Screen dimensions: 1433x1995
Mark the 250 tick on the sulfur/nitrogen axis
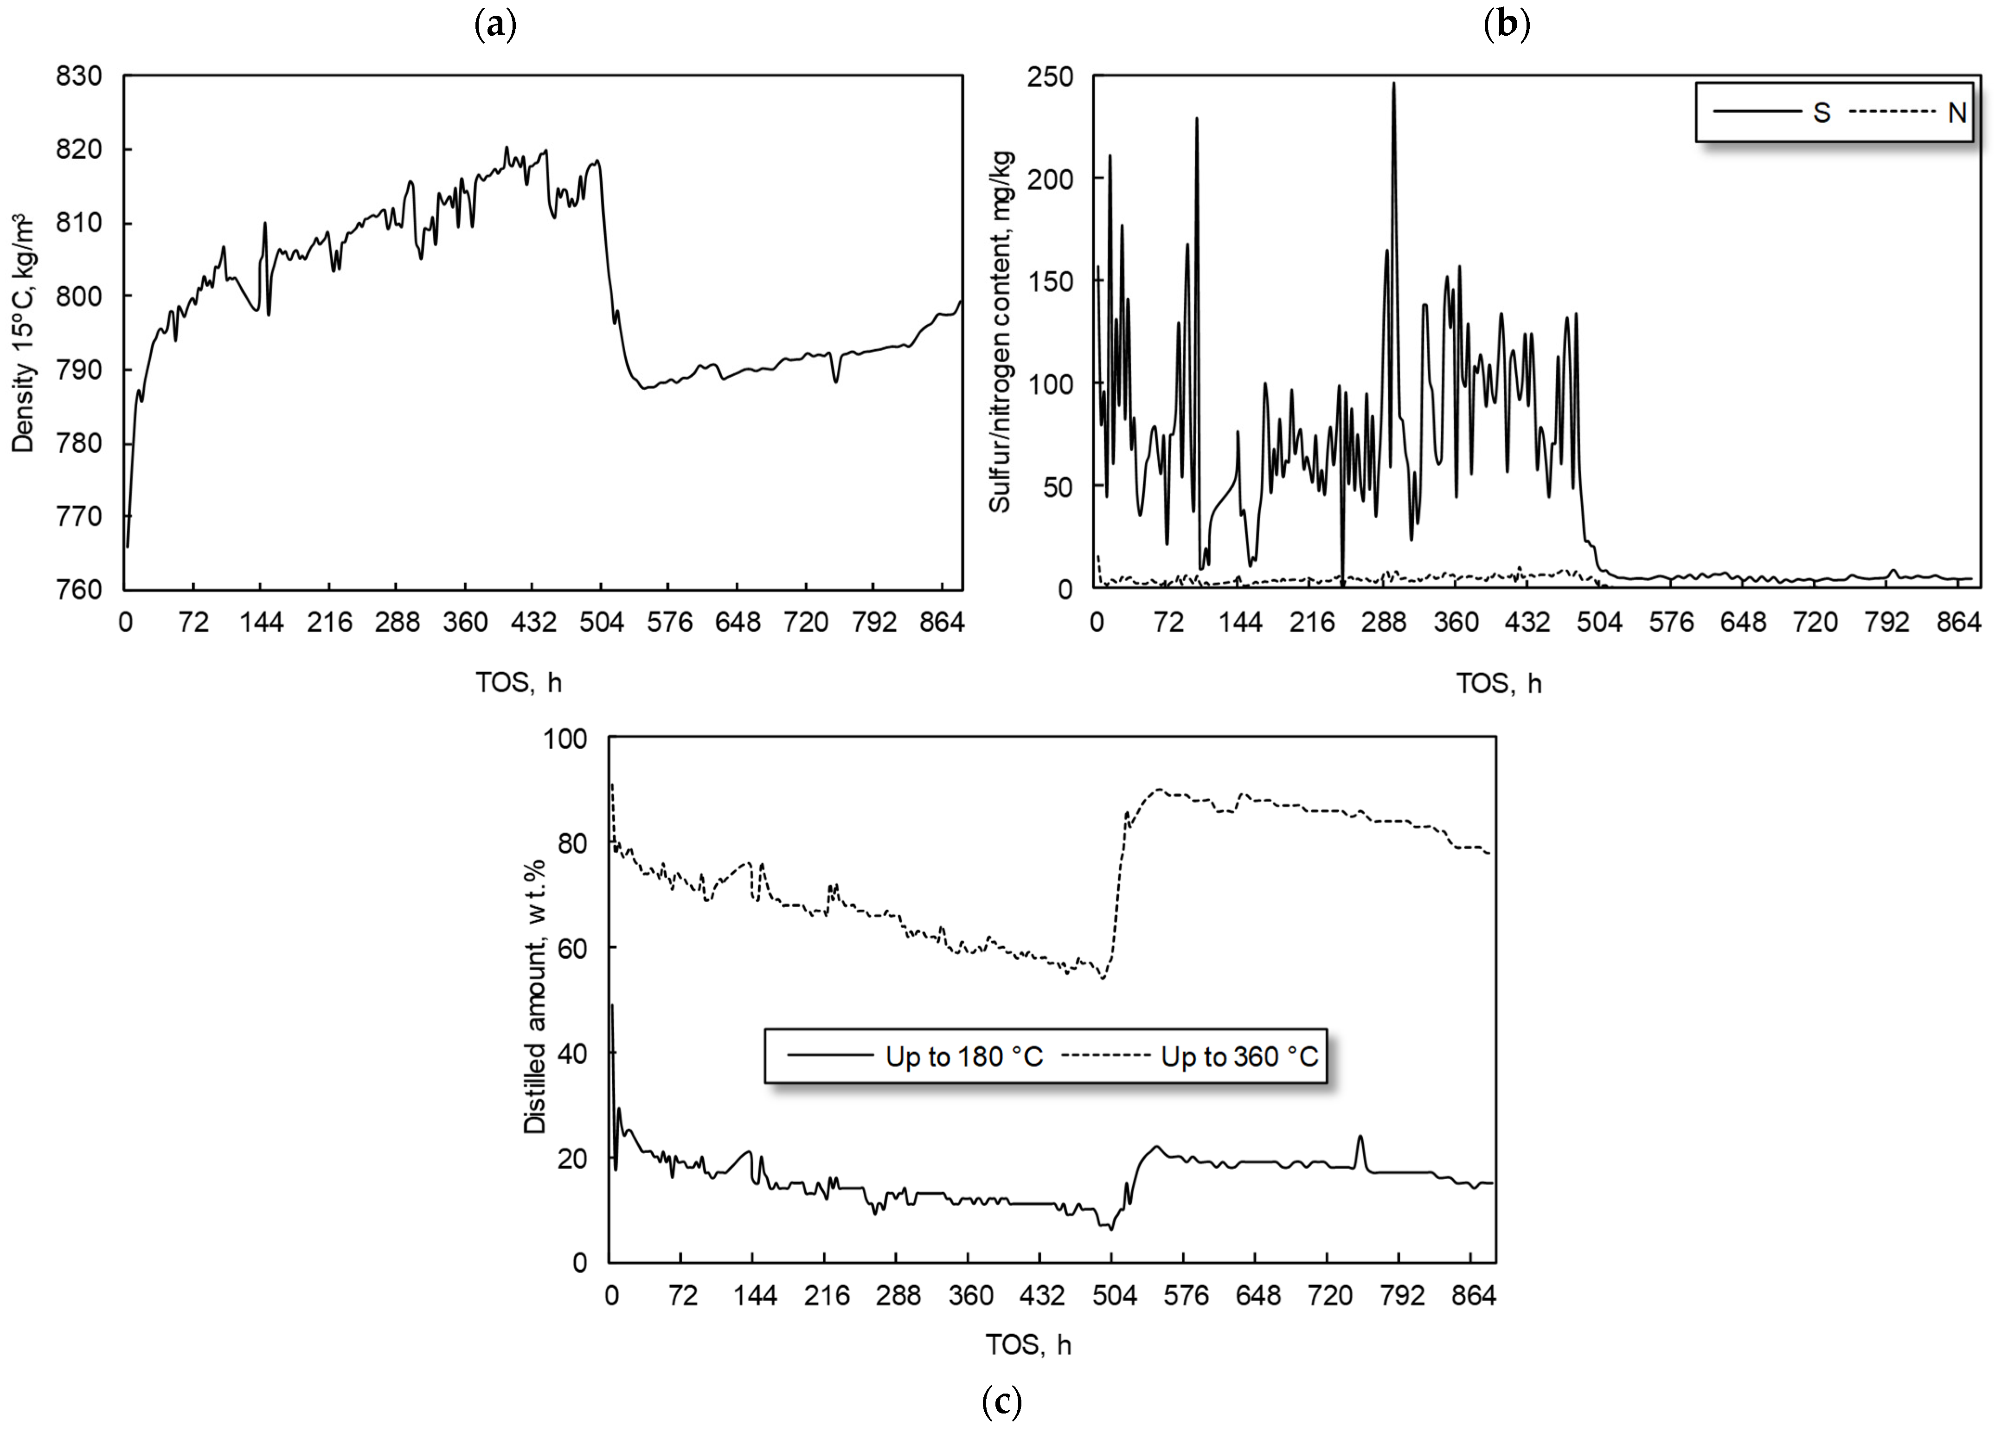tap(1050, 77)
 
